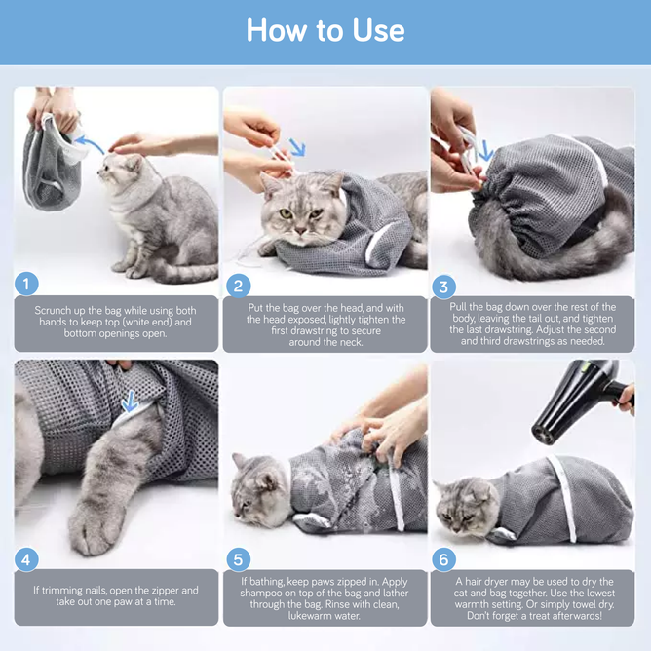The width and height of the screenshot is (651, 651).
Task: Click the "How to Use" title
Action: [325, 30]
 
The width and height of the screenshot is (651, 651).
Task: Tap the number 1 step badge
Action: [27, 284]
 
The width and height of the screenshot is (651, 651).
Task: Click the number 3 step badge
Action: [444, 287]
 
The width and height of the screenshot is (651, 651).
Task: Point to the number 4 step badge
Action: [27, 558]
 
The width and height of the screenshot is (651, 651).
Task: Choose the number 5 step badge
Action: [238, 559]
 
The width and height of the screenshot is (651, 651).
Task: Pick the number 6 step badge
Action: [444, 559]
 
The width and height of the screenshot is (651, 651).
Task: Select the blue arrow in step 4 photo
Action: [128, 400]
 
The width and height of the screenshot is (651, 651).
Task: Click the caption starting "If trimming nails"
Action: [116, 596]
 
